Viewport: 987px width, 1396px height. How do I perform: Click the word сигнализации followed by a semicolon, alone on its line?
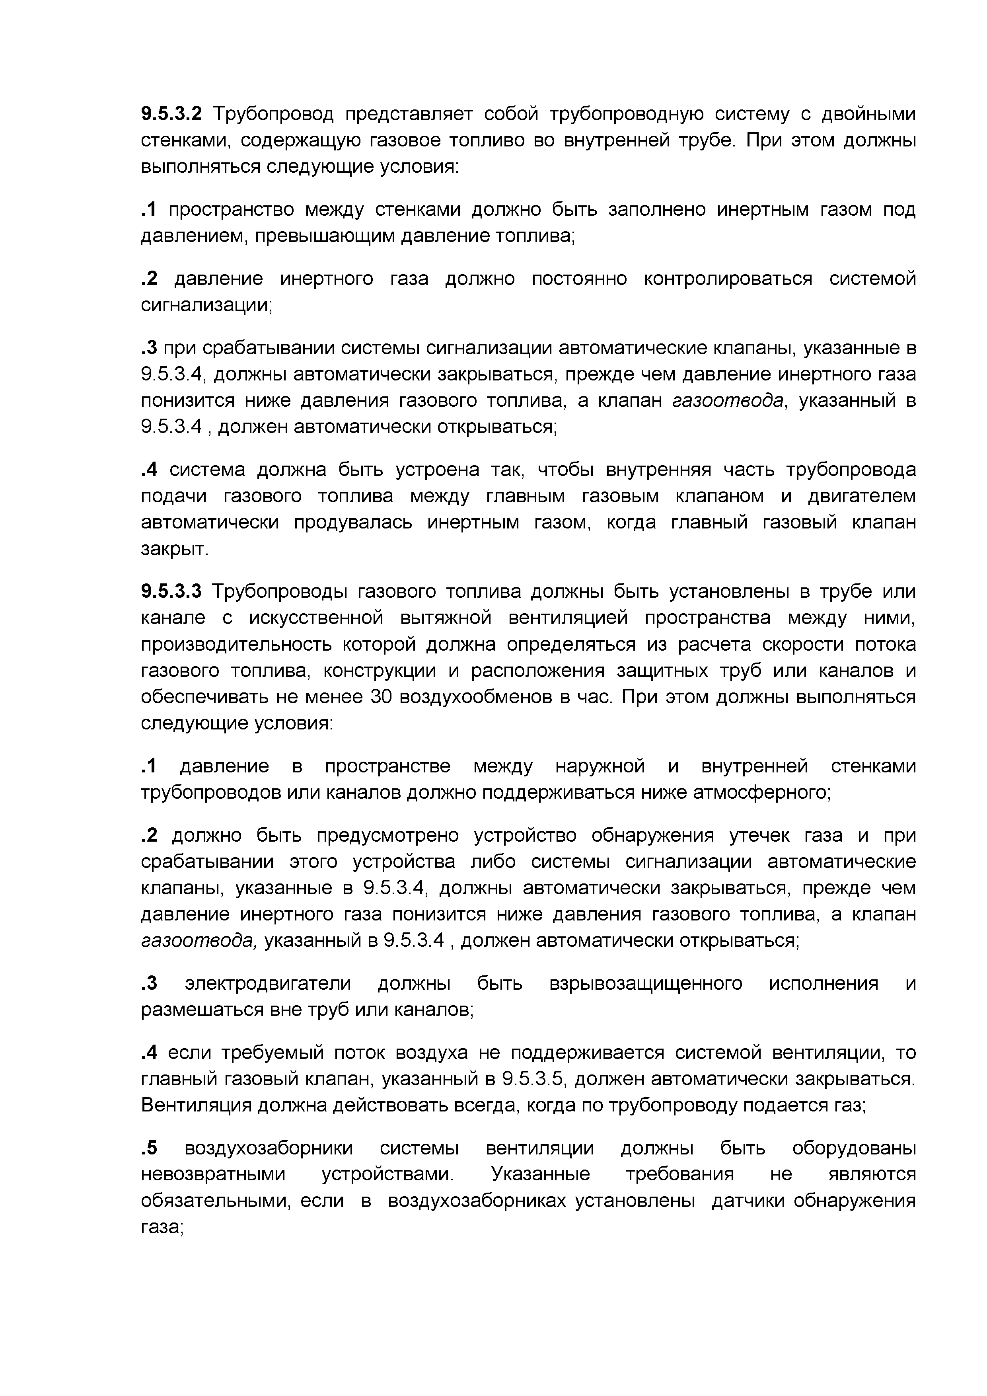(206, 305)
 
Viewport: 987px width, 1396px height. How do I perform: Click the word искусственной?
(316, 618)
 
